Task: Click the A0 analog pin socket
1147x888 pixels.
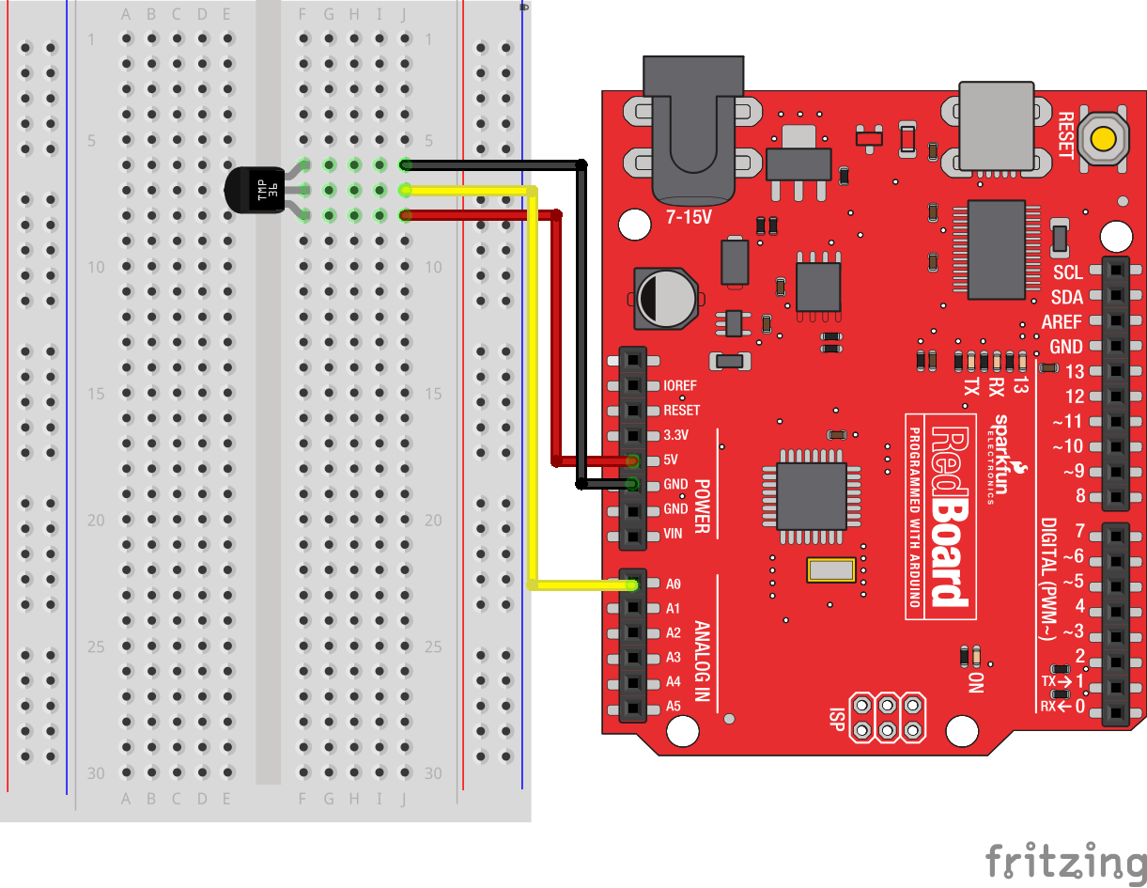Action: click(x=632, y=585)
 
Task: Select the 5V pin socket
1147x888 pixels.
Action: click(x=632, y=460)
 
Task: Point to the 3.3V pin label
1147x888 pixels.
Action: click(x=675, y=435)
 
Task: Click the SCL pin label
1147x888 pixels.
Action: click(x=1067, y=273)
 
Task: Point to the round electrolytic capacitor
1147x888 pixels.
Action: click(x=666, y=298)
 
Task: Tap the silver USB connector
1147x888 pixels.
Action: click(x=998, y=124)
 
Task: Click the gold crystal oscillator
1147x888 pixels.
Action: click(x=830, y=570)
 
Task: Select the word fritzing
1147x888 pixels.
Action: click(x=1064, y=861)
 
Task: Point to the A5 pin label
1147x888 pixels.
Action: click(x=673, y=706)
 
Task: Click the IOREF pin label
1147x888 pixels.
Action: click(x=680, y=385)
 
